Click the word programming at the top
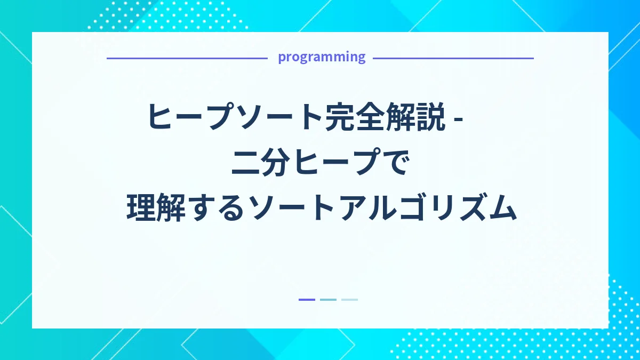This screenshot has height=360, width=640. click(x=322, y=57)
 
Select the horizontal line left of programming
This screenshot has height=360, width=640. click(x=187, y=58)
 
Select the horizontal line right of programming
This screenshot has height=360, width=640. click(x=453, y=58)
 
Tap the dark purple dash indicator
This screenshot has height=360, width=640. click(x=307, y=300)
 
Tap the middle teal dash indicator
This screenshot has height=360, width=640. click(x=328, y=300)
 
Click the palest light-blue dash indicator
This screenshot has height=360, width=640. click(x=349, y=300)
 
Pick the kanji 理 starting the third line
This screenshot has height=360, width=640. click(x=141, y=208)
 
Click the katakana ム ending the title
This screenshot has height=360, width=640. click(x=502, y=208)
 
